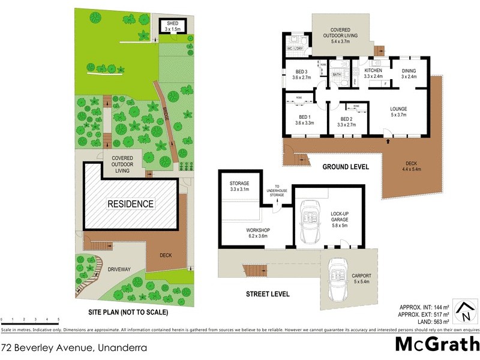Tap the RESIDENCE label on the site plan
130,204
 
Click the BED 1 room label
305,117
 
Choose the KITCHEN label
373,71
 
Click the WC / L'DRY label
294,48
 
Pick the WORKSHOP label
258,230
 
